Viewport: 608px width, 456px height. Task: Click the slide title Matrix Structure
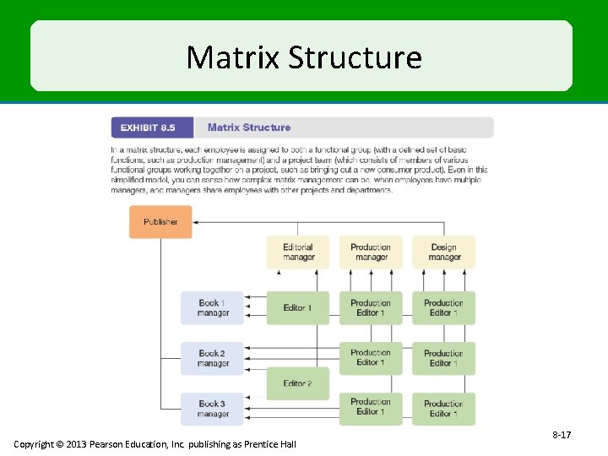pos(303,57)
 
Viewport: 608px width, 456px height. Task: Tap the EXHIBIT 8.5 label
pos(148,128)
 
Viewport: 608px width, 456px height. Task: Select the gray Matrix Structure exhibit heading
pos(249,128)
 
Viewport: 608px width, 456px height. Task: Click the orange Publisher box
pos(160,222)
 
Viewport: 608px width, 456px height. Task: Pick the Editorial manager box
pos(298,252)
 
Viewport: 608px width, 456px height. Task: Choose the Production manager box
pos(371,252)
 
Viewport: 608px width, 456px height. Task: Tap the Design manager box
pos(443,252)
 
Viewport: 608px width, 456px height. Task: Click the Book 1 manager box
pos(212,308)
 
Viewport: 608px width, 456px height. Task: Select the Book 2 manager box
pos(212,358)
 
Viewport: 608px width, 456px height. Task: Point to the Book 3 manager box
pos(212,409)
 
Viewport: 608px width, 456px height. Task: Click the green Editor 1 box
pos(298,308)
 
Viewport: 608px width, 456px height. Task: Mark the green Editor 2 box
pos(298,383)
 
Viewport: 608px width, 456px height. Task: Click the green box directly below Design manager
pos(443,308)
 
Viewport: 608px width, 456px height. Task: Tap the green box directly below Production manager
pos(371,308)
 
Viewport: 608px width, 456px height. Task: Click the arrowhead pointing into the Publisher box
pos(197,222)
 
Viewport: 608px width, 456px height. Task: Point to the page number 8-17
pos(562,435)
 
